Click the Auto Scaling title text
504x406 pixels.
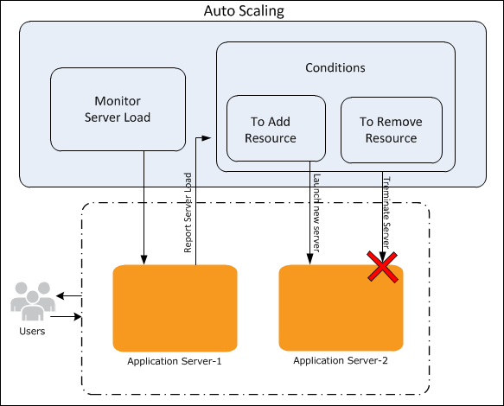pos(244,11)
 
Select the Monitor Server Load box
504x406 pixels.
pos(118,109)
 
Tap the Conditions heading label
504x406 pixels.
pos(335,67)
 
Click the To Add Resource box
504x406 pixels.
pos(276,128)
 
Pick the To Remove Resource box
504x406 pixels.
pos(392,130)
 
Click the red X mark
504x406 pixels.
pos(382,267)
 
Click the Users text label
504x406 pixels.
pos(32,331)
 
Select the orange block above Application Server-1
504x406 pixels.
pos(175,308)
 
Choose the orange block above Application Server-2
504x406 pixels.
pos(341,308)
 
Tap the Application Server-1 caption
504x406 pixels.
pos(175,361)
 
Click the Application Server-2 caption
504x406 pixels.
pos(341,361)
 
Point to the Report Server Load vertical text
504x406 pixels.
pos(188,213)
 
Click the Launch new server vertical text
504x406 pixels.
pos(316,213)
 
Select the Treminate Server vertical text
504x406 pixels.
pos(386,213)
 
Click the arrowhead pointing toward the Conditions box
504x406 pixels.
pos(207,138)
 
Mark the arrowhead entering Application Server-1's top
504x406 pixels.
pos(144,260)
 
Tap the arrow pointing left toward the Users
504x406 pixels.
pos(69,295)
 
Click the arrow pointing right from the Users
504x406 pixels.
pos(66,317)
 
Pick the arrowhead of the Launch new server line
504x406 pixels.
pos(309,260)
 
